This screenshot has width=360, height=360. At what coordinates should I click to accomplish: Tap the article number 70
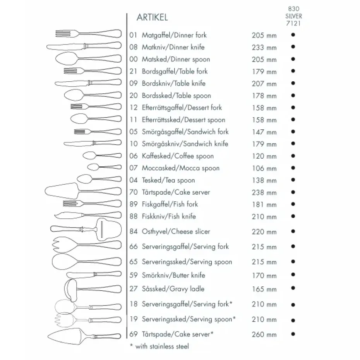pos(134,192)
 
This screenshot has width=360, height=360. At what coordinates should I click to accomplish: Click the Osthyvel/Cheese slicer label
pos(176,231)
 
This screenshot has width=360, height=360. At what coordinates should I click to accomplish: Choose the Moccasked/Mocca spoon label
pos(180,168)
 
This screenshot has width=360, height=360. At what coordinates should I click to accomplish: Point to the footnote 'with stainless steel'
pos(159,346)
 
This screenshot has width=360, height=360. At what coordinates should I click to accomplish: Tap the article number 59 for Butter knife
pos(134,276)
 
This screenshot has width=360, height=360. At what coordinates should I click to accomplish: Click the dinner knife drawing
pos(85,46)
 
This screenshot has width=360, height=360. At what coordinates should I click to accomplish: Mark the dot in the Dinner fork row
pos(293,35)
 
